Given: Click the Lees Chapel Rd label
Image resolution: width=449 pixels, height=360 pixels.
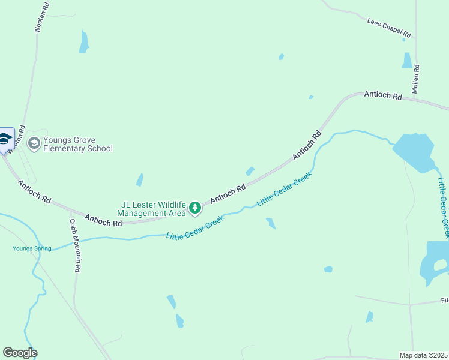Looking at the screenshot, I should (x=388, y=27).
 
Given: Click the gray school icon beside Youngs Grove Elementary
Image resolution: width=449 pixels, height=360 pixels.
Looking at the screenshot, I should (x=34, y=143).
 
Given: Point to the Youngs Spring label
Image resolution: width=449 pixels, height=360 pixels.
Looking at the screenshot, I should (x=32, y=248).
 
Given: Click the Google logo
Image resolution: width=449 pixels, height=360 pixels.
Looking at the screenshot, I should (x=20, y=353).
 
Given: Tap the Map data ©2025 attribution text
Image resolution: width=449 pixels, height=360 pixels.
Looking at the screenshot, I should (x=423, y=355).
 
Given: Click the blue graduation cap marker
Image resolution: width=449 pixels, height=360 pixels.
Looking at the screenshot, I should (x=5, y=140).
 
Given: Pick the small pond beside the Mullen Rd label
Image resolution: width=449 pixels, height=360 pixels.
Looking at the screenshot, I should (x=408, y=60).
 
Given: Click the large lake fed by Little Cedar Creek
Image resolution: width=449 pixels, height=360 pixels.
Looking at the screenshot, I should (x=414, y=152).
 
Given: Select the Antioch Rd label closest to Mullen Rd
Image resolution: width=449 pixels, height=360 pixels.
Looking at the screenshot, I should (x=383, y=95).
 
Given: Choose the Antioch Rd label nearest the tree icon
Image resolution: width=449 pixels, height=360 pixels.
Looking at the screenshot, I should (x=228, y=193).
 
